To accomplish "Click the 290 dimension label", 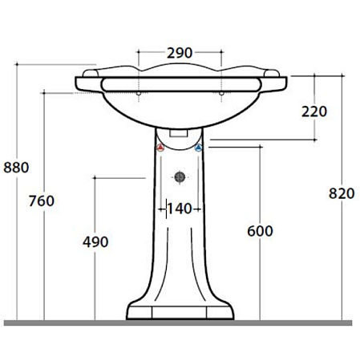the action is [x=180, y=53].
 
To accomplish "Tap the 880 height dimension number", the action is [x=16, y=168].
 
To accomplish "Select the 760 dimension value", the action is [x=42, y=201].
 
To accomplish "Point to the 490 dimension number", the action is [x=95, y=242].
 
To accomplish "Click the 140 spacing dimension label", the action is [x=180, y=209].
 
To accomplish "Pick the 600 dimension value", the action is [x=260, y=231].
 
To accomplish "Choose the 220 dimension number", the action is [x=314, y=112].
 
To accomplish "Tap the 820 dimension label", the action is [x=342, y=193].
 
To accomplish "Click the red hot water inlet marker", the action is [x=160, y=148].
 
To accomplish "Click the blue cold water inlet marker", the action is [x=198, y=148].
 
